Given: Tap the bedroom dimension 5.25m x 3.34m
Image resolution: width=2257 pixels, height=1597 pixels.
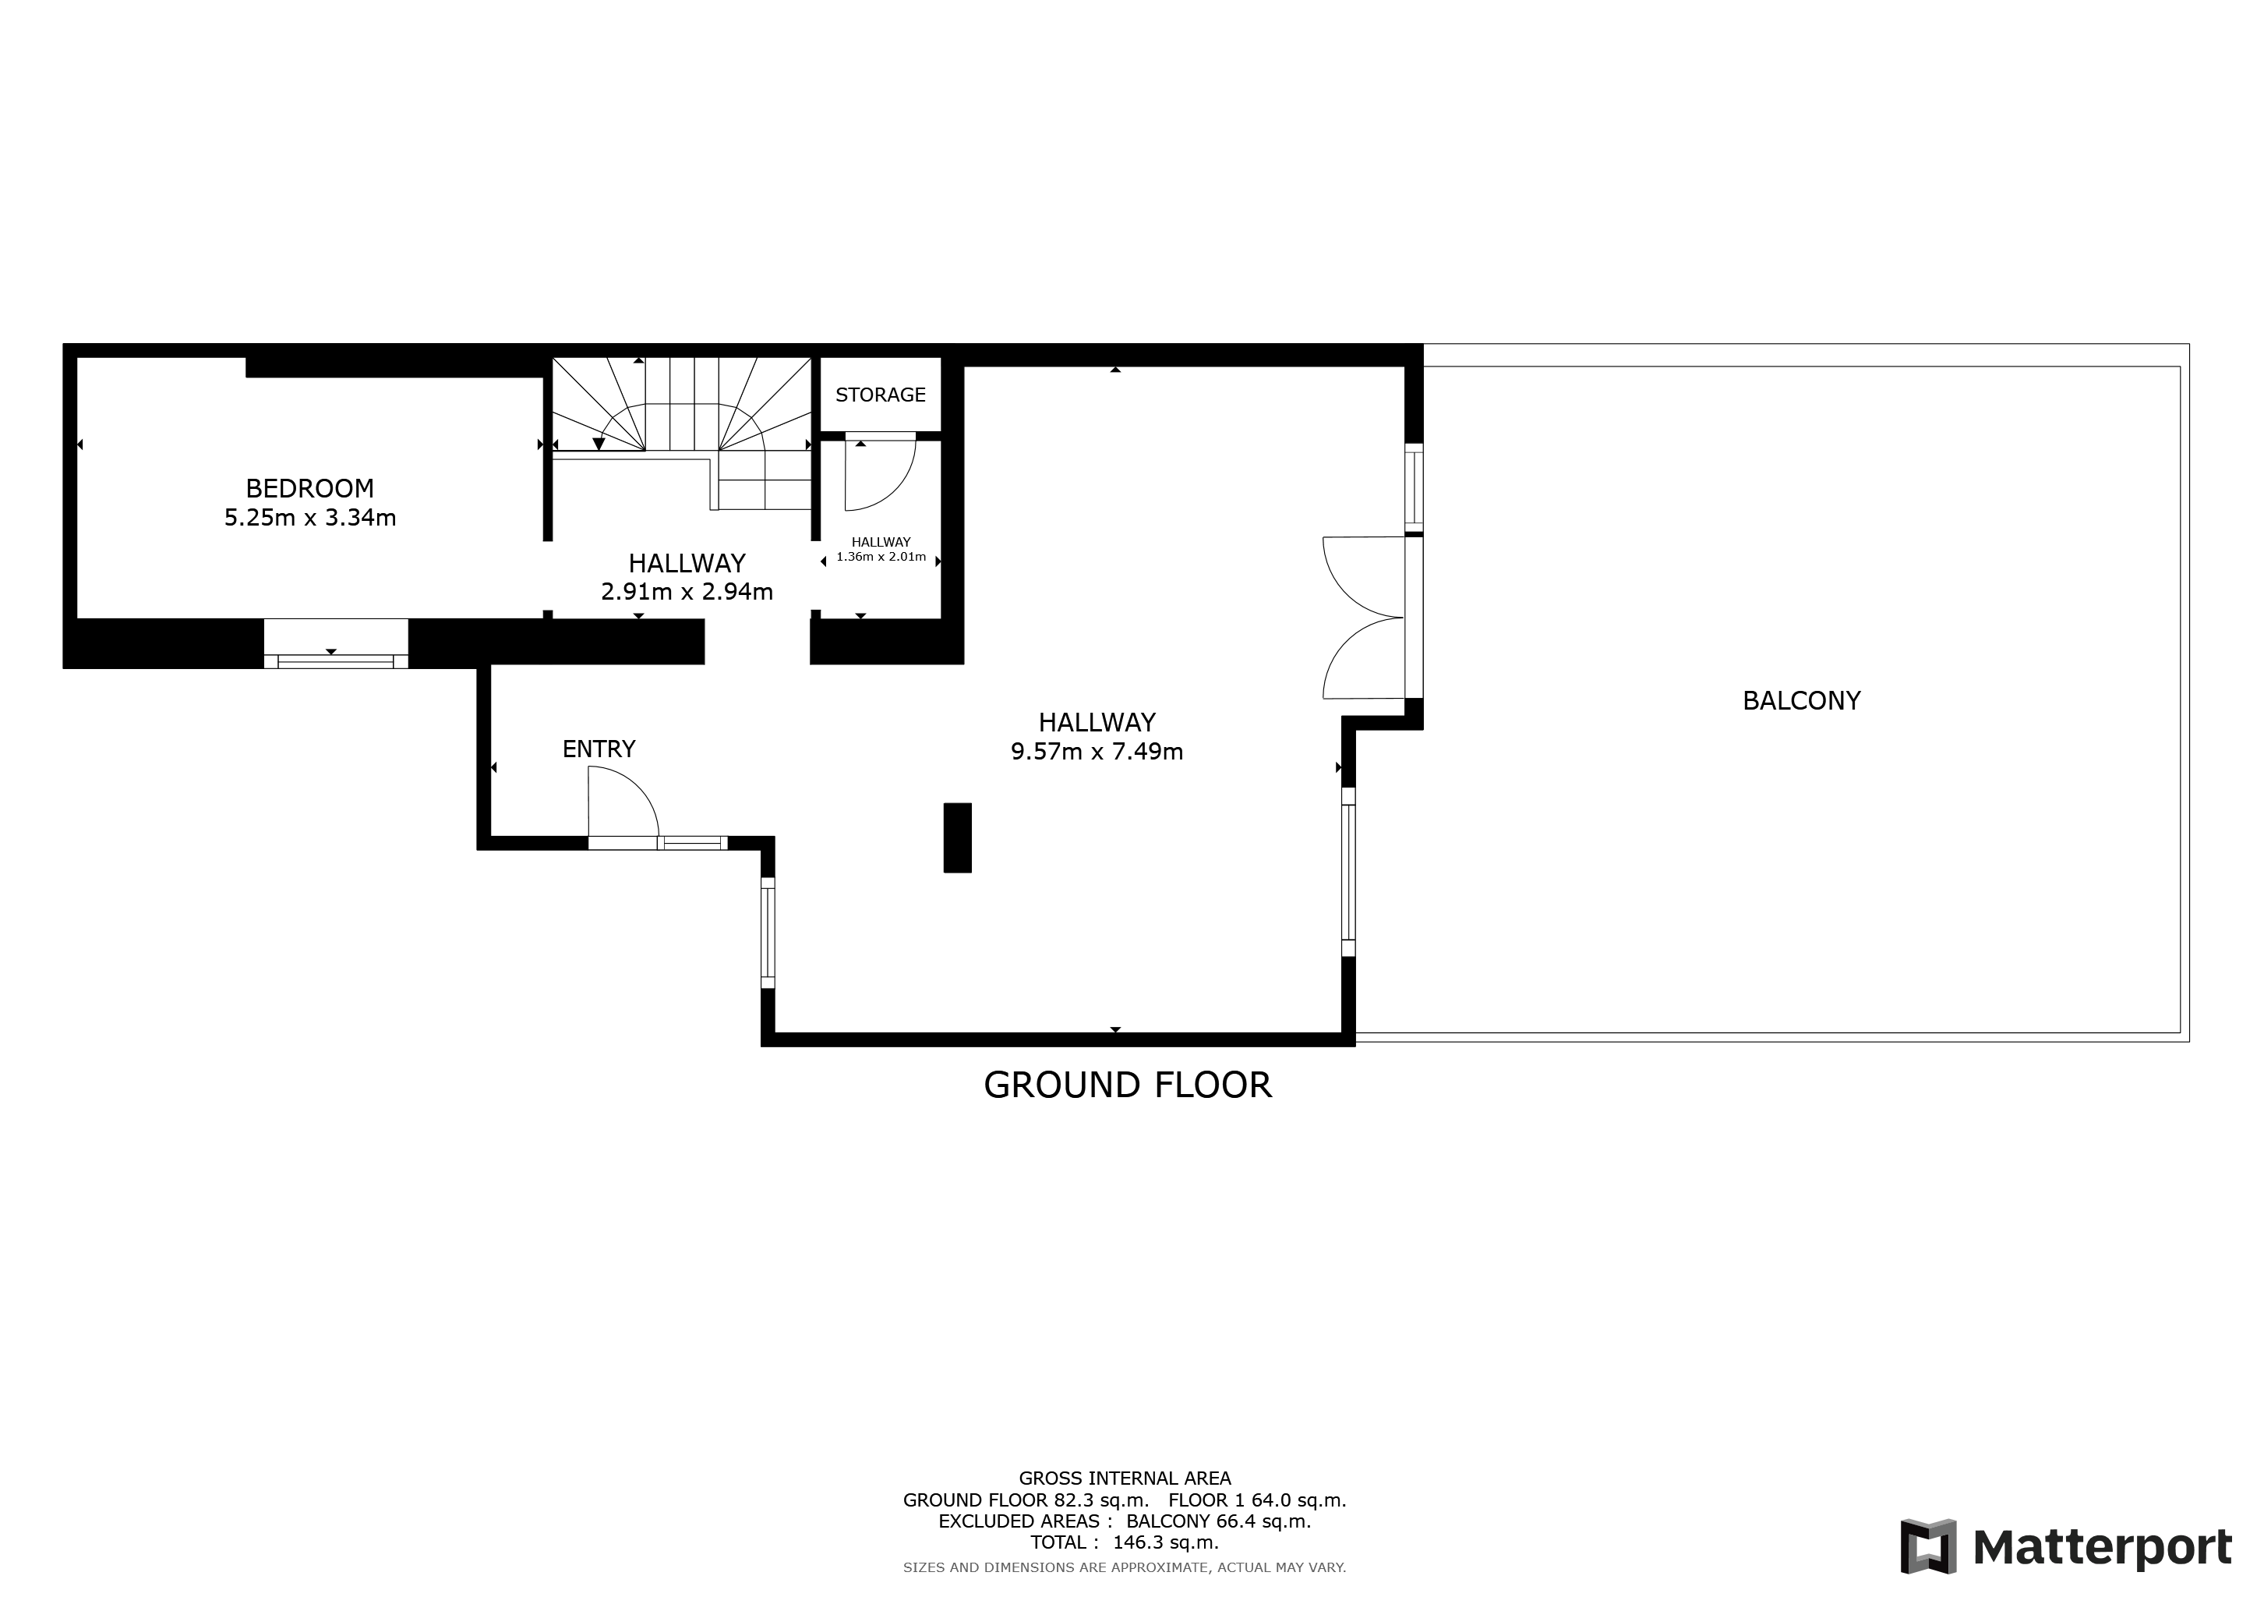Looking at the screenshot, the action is tap(309, 517).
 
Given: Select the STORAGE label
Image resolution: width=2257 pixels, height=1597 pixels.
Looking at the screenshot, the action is tap(881, 395).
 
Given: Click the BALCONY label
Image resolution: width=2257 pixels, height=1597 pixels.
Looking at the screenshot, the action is tap(1801, 700).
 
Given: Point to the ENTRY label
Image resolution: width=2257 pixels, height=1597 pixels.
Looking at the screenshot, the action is tap(599, 749).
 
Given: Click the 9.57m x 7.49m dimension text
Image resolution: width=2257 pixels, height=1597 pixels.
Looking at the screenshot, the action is tap(1097, 752).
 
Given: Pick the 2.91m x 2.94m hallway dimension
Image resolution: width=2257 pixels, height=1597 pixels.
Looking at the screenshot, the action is tap(687, 592).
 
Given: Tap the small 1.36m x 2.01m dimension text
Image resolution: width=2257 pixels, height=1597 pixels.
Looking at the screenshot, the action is tap(881, 557).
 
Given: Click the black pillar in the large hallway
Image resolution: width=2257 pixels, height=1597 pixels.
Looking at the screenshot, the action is tap(958, 837).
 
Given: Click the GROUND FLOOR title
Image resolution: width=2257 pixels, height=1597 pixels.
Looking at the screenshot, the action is tap(1128, 1085).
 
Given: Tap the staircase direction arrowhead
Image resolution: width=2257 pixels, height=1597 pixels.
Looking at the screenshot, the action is tap(599, 444).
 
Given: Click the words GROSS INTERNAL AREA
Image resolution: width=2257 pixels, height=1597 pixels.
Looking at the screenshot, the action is tap(1125, 1478).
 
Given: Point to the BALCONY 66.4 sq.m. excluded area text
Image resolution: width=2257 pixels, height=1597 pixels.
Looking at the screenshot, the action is tap(1219, 1521).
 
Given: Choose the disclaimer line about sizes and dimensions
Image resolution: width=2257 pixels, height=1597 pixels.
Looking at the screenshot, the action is tap(1125, 1567).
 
